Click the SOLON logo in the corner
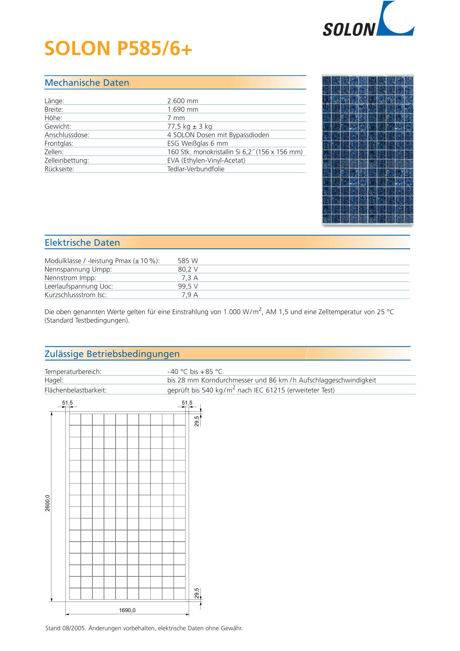368,20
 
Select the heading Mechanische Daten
87,83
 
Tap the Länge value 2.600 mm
182,101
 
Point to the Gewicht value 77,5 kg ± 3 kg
189,126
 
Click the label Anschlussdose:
67,135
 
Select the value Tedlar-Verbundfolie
196,169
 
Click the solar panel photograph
368,149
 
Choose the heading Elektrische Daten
82,243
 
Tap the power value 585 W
187,261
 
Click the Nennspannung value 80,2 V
188,269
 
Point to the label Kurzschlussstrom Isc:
76,295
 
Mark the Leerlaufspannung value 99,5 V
188,286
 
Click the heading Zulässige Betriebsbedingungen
112,354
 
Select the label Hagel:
54,380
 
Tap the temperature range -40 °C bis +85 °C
195,372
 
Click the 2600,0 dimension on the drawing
48,503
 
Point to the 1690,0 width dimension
127,611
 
